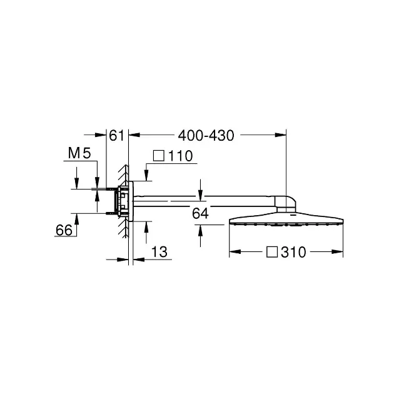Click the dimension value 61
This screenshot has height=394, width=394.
pyautogui.click(x=117, y=135)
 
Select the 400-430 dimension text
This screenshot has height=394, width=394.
pyautogui.click(x=205, y=135)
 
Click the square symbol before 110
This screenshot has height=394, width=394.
pyautogui.click(x=159, y=156)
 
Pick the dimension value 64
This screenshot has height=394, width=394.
pyautogui.click(x=200, y=213)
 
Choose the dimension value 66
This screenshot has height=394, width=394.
pyautogui.click(x=64, y=230)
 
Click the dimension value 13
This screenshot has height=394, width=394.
pyautogui.click(x=160, y=251)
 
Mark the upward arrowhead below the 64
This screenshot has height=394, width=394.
pyautogui.click(x=200, y=229)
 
